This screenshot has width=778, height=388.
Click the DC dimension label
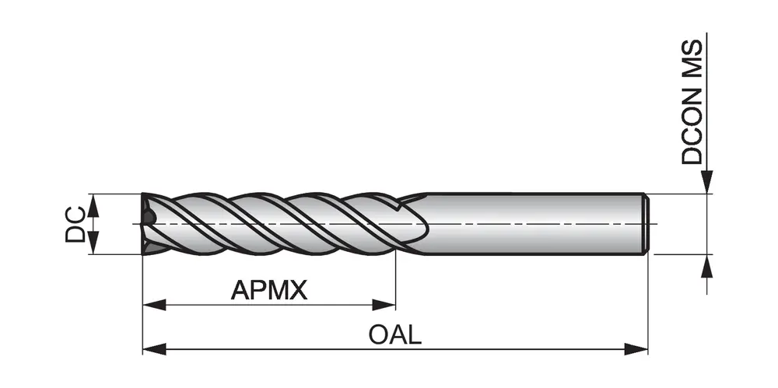coord(75,223)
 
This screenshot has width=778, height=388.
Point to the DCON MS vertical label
coord(692,100)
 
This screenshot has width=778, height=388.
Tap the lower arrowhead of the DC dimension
coord(93,244)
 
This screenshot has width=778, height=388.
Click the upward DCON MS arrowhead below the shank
coord(706,264)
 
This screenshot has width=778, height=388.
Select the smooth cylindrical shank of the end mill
coord(529,223)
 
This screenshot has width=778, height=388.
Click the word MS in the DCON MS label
coord(692,57)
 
